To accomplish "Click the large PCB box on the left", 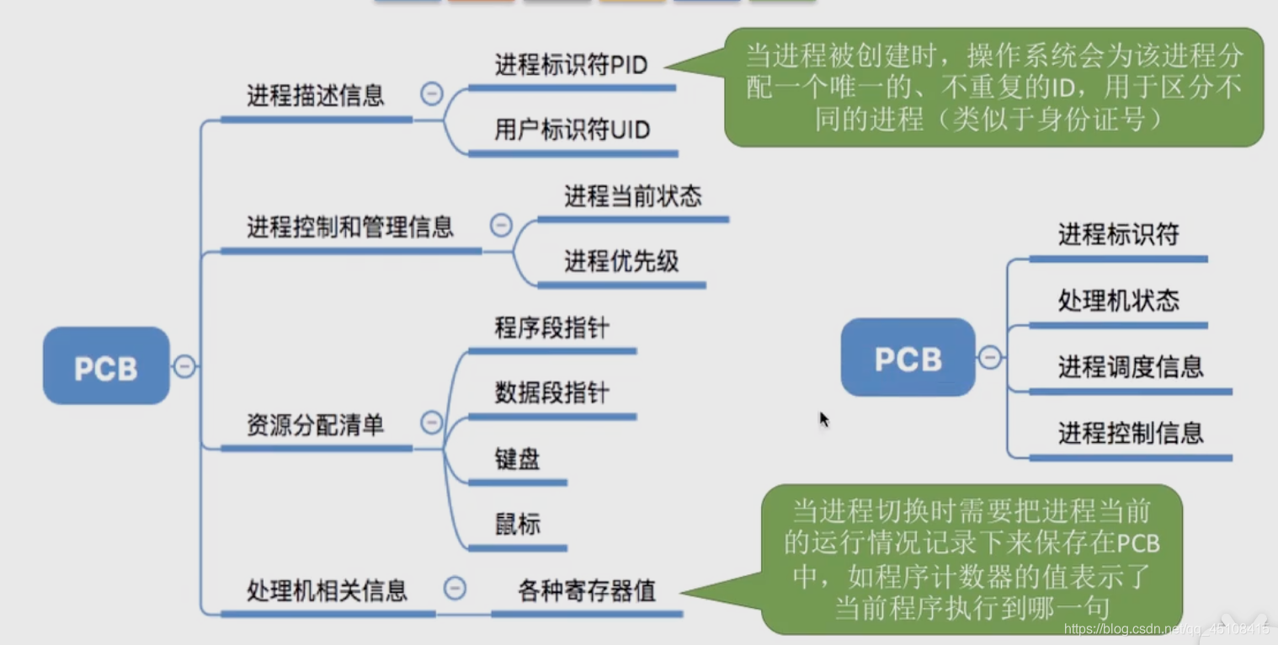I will point(106,366).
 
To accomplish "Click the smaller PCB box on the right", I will point(908,358).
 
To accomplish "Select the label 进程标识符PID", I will point(571,65).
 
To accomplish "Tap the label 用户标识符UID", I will point(572,131).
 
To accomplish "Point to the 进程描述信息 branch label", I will point(316,95).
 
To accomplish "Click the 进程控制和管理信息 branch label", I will point(350,227).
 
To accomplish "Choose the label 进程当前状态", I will point(632,197).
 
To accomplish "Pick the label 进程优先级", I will point(621,262).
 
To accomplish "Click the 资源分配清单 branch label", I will point(316,425).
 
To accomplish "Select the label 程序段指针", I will point(551,328).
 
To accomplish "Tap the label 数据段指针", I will point(551,392).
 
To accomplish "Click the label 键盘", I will point(517,459).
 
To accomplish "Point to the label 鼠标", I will point(517,525).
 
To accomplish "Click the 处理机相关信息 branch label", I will point(327,590).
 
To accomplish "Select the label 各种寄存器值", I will point(587,590).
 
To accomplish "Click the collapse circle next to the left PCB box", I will point(184,366).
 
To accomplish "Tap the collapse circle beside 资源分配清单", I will point(432,422).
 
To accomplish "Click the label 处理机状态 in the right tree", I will point(1118,301).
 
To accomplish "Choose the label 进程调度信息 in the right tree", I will point(1130,366).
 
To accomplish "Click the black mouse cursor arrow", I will point(823,419).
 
